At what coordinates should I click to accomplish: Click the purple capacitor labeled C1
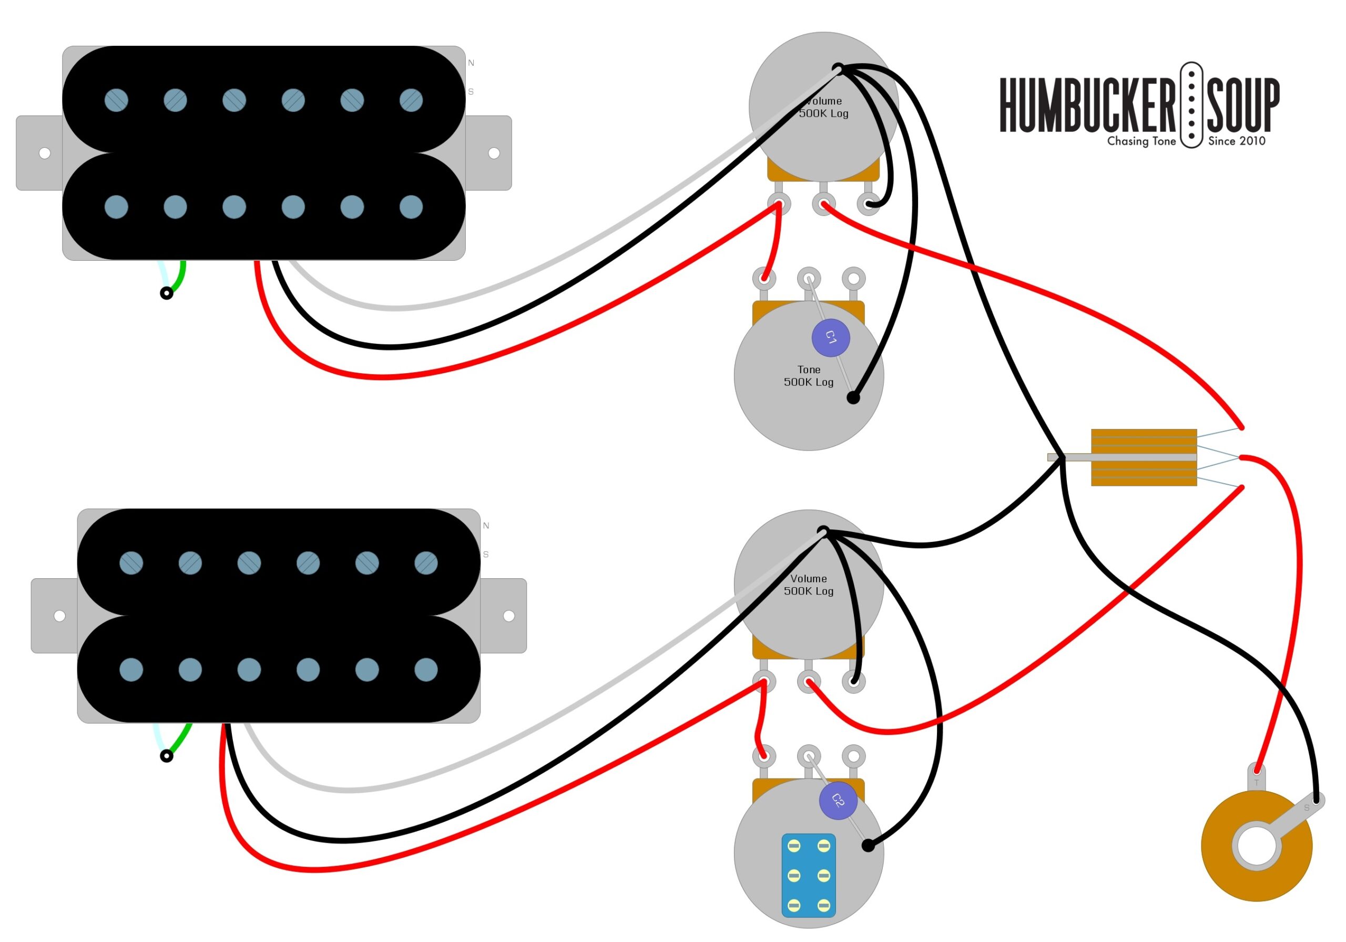(x=831, y=337)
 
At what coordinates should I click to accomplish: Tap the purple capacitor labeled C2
(x=838, y=801)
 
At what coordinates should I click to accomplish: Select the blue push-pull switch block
(x=809, y=876)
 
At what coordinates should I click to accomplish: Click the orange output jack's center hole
(x=1257, y=846)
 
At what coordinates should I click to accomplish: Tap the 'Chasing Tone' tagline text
(x=1141, y=141)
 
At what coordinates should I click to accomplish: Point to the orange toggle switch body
(x=1144, y=457)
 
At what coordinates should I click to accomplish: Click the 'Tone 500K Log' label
(x=809, y=376)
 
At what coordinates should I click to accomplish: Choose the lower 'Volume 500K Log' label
(x=809, y=585)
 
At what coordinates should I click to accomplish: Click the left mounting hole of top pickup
(x=45, y=153)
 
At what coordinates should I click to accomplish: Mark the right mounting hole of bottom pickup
(x=509, y=616)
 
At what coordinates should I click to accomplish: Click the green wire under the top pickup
(x=178, y=277)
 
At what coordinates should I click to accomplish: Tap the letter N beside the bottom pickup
(x=486, y=526)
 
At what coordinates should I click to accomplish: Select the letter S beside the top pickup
(x=471, y=92)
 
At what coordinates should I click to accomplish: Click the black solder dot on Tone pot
(x=853, y=398)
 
